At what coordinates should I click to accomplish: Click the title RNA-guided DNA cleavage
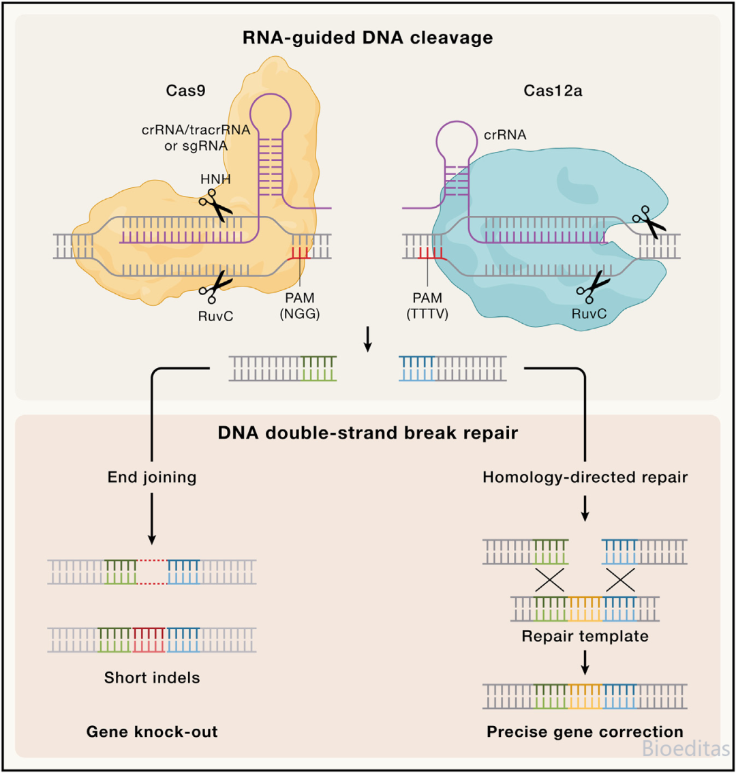pyautogui.click(x=368, y=38)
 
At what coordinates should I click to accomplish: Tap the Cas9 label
pyautogui.click(x=185, y=91)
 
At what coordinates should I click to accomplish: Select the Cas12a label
pyautogui.click(x=553, y=91)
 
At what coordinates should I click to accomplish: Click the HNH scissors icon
pyautogui.click(x=215, y=205)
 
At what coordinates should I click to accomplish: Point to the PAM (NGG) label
pyautogui.click(x=300, y=305)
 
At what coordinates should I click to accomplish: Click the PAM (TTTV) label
pyautogui.click(x=427, y=305)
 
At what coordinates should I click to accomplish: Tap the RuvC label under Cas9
pyautogui.click(x=215, y=316)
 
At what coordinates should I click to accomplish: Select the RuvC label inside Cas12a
pyautogui.click(x=589, y=314)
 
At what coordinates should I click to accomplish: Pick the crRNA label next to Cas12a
pyautogui.click(x=505, y=135)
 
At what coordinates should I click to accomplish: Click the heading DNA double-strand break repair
pyautogui.click(x=368, y=433)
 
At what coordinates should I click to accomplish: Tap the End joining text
pyautogui.click(x=152, y=477)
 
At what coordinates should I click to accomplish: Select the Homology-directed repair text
pyautogui.click(x=585, y=477)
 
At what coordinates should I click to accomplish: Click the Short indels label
pyautogui.click(x=152, y=678)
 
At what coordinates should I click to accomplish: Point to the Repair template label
pyautogui.click(x=585, y=637)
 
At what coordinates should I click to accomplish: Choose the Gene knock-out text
pyautogui.click(x=152, y=731)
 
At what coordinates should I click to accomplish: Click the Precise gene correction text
pyautogui.click(x=585, y=731)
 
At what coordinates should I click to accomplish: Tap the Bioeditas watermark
pyautogui.click(x=686, y=748)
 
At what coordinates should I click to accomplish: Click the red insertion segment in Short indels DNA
pyautogui.click(x=149, y=640)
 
